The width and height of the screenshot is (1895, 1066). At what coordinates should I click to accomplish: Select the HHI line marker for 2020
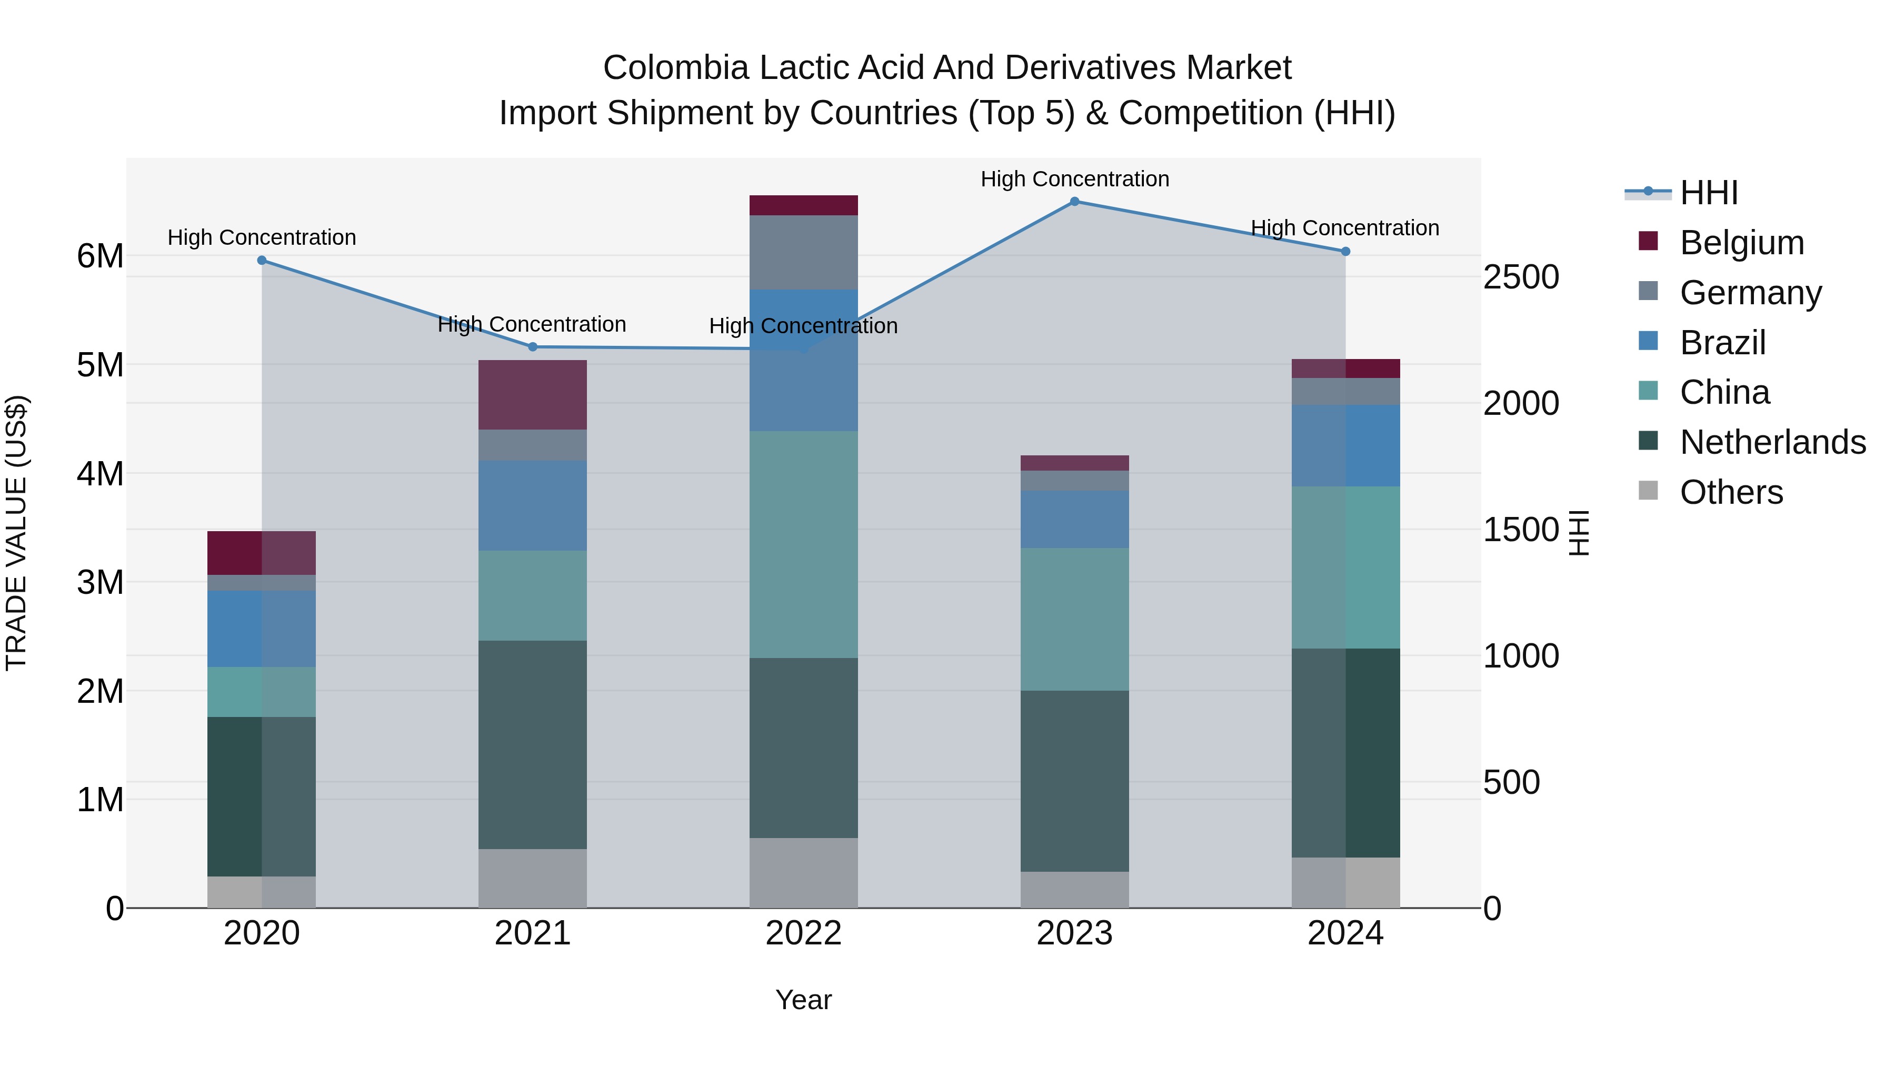(262, 261)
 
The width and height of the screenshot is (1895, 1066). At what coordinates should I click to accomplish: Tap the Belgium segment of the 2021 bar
(533, 395)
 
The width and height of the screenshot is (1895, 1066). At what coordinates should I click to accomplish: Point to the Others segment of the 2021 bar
(533, 879)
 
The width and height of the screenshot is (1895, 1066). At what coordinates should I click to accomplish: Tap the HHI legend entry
(1708, 193)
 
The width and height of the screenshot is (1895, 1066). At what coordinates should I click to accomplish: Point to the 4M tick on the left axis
(100, 474)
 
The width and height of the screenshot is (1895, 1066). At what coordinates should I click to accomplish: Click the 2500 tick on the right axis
(1521, 277)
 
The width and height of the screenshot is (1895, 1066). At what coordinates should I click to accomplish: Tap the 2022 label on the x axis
(803, 933)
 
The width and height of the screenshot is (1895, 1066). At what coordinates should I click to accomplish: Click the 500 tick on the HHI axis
(1511, 782)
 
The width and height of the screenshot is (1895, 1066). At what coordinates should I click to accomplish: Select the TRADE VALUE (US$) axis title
(16, 533)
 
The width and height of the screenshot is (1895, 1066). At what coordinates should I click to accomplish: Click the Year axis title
(803, 1000)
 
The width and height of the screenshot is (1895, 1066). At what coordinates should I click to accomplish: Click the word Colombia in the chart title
(675, 68)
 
